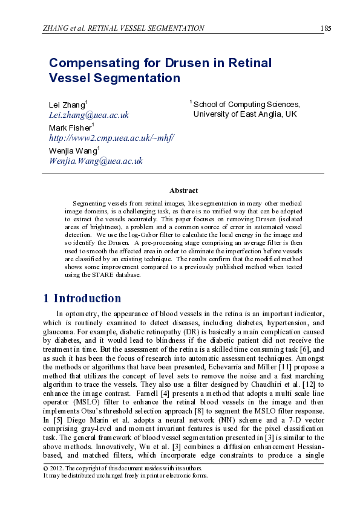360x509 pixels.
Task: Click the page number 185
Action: (325, 28)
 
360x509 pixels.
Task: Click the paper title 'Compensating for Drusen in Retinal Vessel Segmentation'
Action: (160, 70)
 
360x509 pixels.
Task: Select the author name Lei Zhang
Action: (68, 105)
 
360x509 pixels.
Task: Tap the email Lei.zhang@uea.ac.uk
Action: (88, 114)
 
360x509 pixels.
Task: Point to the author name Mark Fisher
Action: (70, 128)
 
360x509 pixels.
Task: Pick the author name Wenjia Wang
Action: (73, 151)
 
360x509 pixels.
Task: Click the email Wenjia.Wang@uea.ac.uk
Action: (96, 160)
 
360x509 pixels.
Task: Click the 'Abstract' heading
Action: (183, 190)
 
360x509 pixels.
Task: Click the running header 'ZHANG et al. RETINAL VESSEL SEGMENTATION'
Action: (123, 28)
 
